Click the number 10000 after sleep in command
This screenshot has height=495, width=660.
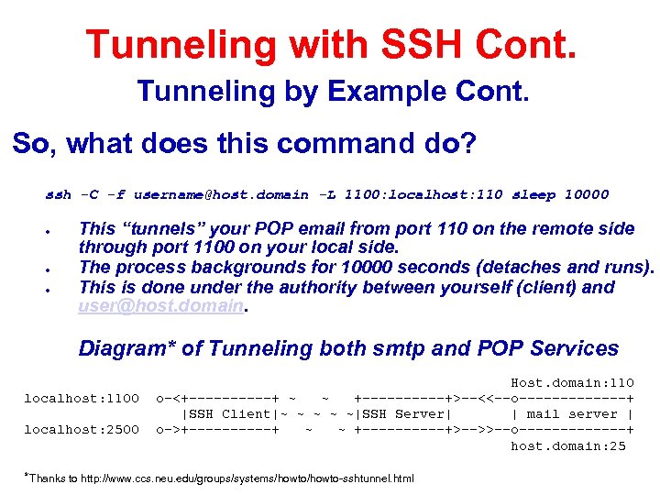[586, 194]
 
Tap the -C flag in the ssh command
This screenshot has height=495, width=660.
[89, 194]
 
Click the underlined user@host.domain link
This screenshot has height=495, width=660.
[161, 306]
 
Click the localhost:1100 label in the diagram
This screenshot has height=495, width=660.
[82, 398]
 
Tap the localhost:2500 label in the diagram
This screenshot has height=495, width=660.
[82, 429]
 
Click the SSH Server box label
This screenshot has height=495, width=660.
[402, 413]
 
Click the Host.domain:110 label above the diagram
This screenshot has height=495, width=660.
[572, 382]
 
